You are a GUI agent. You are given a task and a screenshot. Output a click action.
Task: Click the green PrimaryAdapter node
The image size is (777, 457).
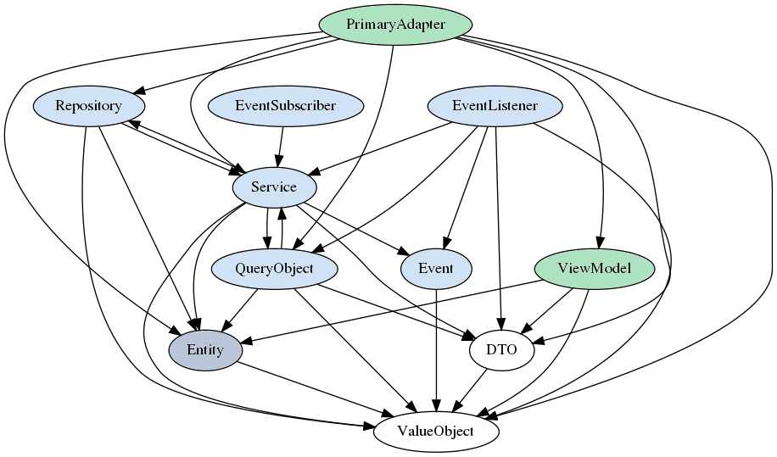click(395, 24)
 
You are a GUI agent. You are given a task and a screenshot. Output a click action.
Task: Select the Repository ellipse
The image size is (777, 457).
click(88, 106)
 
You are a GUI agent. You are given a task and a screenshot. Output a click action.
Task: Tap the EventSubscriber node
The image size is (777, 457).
click(285, 106)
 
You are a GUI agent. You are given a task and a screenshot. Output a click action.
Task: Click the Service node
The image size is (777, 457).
click(273, 187)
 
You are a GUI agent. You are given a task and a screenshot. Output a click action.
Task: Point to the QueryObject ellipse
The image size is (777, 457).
click(274, 269)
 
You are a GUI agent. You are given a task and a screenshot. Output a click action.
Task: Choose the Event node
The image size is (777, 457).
click(436, 269)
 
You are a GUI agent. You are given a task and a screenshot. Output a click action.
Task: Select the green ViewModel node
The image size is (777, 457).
click(595, 269)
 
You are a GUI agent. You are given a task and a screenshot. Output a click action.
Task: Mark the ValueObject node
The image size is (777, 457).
click(436, 432)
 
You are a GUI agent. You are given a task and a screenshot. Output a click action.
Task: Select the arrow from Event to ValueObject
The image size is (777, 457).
click(436, 348)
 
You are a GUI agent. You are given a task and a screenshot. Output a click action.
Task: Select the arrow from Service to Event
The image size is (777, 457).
click(356, 227)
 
